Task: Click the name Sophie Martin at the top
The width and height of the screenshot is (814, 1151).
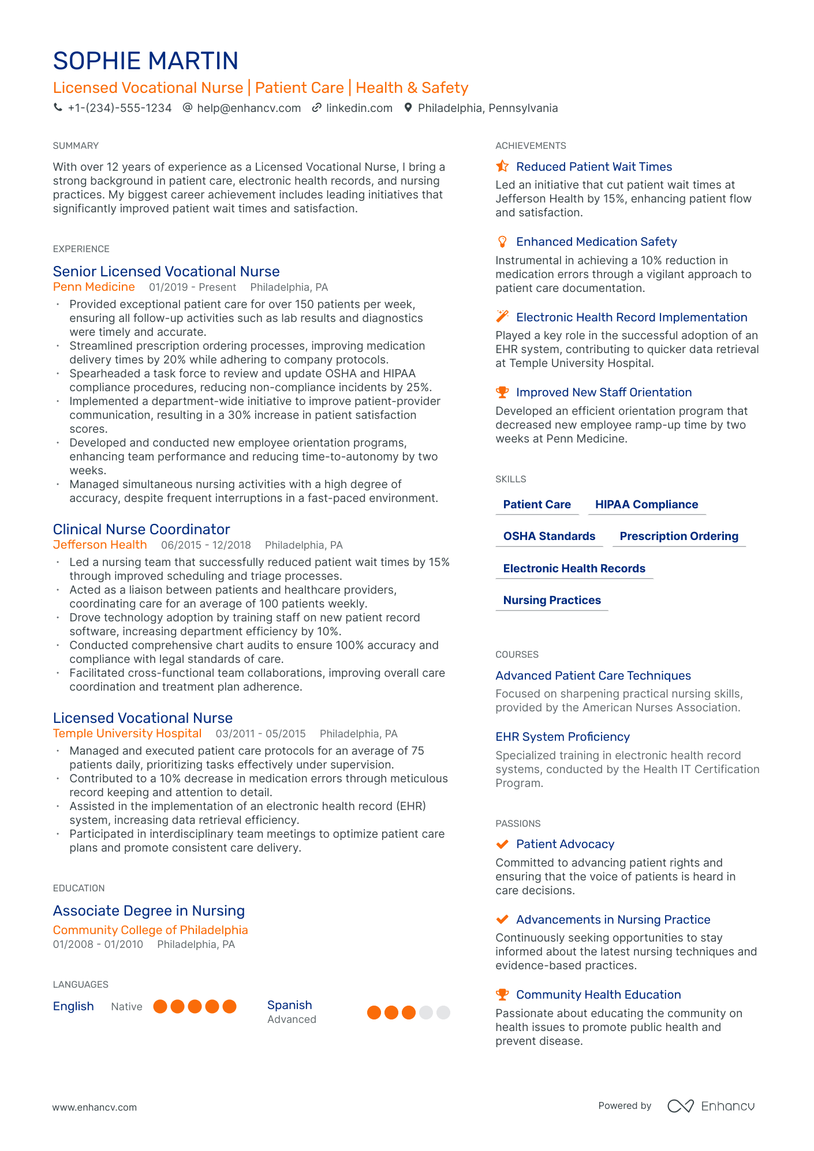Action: [145, 61]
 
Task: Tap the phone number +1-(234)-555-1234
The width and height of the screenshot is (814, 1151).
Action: [120, 108]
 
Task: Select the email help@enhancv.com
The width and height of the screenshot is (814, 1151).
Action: [249, 108]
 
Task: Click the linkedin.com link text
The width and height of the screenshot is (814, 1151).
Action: [359, 108]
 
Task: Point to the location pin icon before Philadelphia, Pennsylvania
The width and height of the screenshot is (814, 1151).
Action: [408, 108]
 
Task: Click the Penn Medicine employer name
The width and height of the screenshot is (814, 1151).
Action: [94, 287]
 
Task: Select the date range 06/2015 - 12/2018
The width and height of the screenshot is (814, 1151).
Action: [206, 545]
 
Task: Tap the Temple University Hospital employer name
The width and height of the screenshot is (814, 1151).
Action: [127, 734]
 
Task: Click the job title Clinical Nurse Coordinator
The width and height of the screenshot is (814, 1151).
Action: [141, 530]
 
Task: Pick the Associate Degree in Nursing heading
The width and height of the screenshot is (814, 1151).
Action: [149, 911]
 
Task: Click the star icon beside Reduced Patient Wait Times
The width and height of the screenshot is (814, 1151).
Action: [502, 167]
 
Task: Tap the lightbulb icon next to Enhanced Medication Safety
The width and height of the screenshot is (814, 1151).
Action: [502, 242]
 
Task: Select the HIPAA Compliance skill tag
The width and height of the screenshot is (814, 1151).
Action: [647, 505]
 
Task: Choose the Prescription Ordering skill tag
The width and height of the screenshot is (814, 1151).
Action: [679, 537]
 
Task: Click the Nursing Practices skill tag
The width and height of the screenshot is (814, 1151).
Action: [552, 601]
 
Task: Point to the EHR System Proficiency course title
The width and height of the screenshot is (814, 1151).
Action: [562, 737]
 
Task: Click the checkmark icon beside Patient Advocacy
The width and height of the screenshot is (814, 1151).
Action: [502, 845]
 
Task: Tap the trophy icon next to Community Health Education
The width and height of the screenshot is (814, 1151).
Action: [502, 995]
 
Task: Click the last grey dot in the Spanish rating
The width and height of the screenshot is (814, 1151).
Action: [443, 1013]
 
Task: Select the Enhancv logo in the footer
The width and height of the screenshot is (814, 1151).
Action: [711, 1106]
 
